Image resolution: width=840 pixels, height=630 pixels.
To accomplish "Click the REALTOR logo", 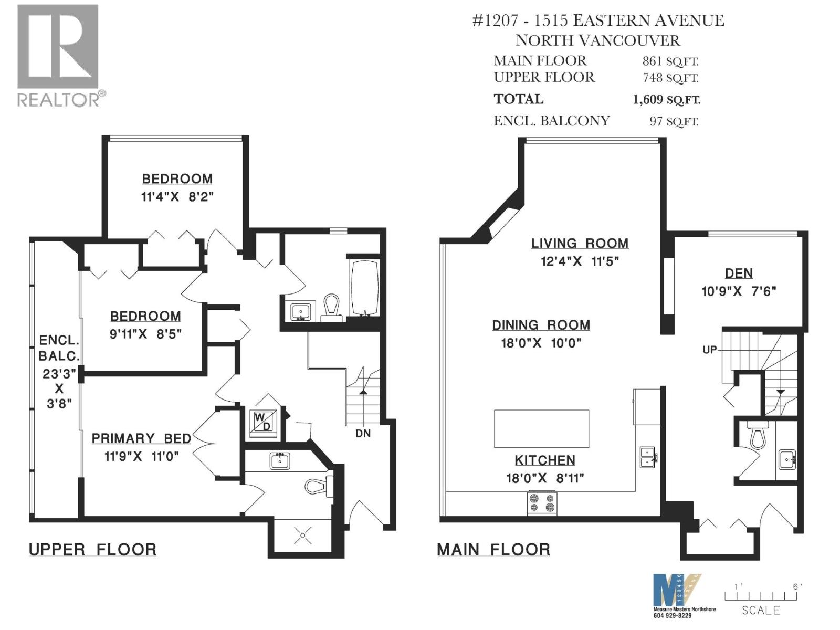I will (x=58, y=55).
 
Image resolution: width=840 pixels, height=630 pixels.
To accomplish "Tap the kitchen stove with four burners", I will (x=542, y=502).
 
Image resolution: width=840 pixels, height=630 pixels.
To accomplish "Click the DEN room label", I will (x=739, y=273).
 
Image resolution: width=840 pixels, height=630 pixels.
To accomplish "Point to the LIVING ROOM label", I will (x=580, y=244).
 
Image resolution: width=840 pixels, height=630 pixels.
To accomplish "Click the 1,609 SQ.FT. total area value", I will (x=666, y=99).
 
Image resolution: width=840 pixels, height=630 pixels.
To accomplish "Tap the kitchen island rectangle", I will (x=541, y=428).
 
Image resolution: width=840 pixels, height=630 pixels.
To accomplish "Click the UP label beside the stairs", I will (x=709, y=350).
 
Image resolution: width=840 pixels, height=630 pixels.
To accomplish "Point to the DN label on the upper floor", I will (x=363, y=433).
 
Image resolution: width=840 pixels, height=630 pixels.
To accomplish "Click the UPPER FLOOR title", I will (x=92, y=550).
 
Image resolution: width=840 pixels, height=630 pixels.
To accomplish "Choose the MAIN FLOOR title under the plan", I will (x=493, y=550).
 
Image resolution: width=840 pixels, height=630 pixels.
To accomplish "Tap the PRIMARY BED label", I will (x=141, y=438).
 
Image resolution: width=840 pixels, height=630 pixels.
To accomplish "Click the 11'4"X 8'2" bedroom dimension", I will (x=177, y=197).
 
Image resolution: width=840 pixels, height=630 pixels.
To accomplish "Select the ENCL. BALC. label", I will (x=59, y=348).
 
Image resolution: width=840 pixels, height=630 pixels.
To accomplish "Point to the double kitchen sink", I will (x=647, y=457).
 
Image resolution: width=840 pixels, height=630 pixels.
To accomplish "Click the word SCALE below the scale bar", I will (x=761, y=610).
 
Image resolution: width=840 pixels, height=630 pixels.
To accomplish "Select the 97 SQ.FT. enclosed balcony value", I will (x=674, y=121).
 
